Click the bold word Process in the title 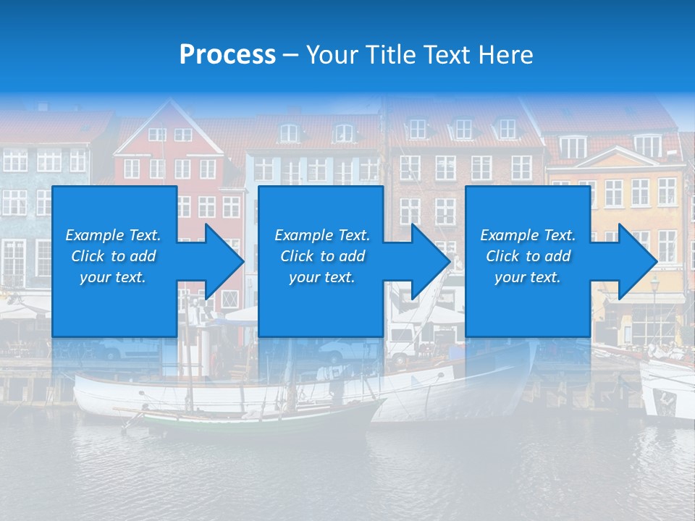(x=227, y=55)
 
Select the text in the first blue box (x=114, y=256)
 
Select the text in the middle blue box (x=322, y=256)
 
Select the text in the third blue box (x=528, y=256)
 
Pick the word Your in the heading (x=332, y=55)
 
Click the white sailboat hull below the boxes (x=217, y=394)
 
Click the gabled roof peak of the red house (x=169, y=109)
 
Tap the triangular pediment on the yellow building (x=615, y=155)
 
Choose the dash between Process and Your (x=290, y=55)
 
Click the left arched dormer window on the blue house (x=289, y=133)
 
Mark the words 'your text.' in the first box (x=113, y=277)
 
